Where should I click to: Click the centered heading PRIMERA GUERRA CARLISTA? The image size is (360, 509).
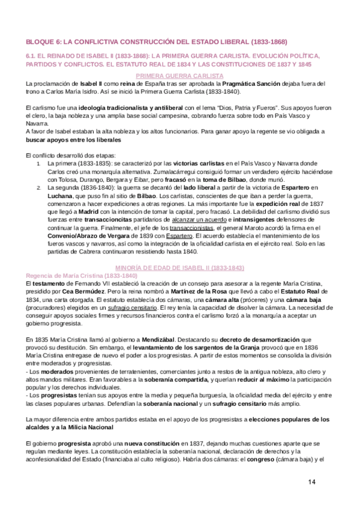point(179,76)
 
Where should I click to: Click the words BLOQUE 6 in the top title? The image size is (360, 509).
point(43,41)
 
